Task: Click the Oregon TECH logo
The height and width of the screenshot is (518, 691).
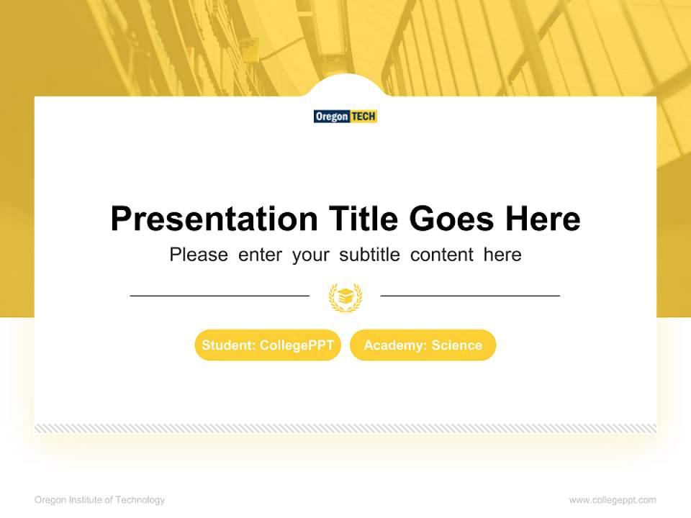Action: coord(345,117)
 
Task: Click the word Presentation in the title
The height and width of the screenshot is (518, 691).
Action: coord(214,219)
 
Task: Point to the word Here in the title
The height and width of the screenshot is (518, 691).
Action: coord(542,219)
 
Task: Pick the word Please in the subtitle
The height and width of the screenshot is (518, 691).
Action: coord(199,255)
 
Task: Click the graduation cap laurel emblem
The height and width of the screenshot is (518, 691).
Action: coord(345,297)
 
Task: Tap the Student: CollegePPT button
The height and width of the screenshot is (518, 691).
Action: coord(268,345)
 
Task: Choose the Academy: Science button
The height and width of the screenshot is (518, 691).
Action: coord(423,345)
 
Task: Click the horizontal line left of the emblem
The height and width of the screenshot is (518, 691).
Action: coord(220,296)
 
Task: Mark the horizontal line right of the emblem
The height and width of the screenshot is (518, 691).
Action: coord(470,296)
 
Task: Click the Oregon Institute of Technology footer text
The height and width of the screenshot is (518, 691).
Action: coord(99,500)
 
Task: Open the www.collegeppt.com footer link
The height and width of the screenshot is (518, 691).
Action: coord(613,500)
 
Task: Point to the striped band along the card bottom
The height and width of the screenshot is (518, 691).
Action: coord(345,428)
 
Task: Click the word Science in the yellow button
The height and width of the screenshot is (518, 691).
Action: coord(456,345)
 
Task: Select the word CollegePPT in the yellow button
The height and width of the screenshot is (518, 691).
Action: coord(297,345)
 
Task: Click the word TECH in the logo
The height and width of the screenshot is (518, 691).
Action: coord(363,117)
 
